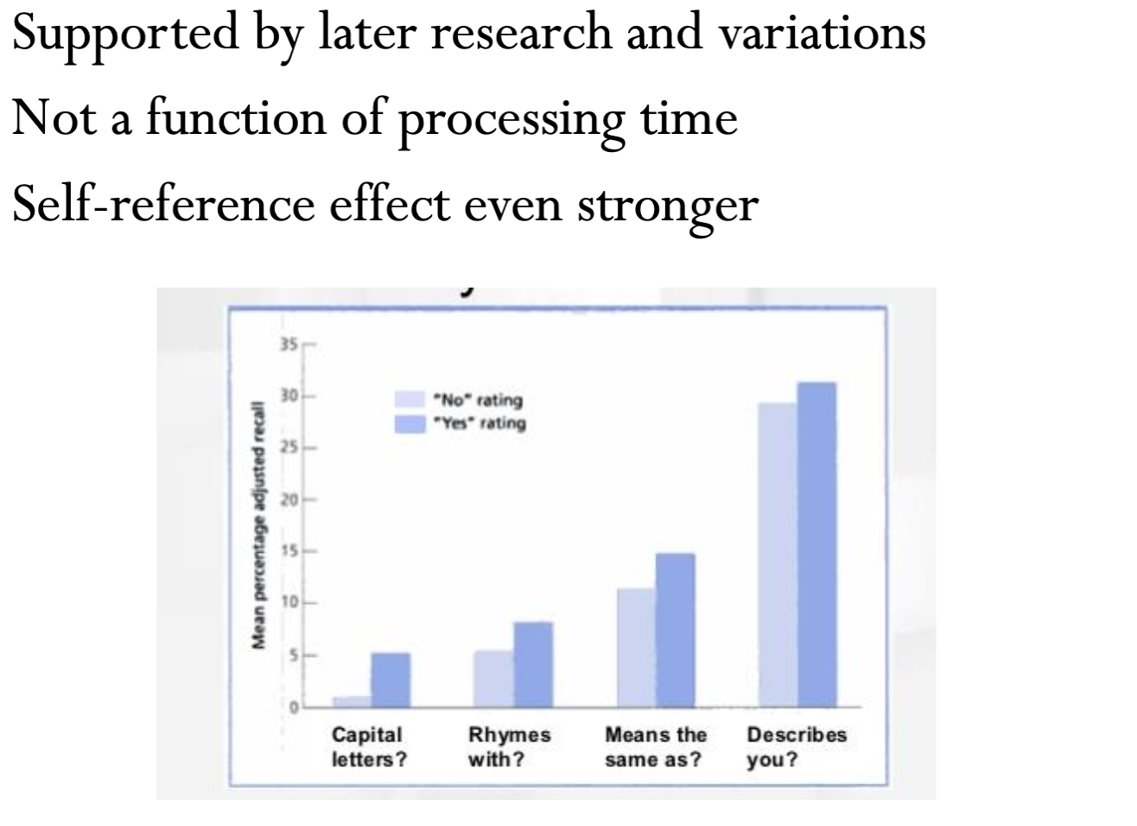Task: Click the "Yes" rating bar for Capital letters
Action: (391, 679)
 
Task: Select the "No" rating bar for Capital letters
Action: (353, 701)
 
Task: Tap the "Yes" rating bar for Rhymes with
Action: (533, 664)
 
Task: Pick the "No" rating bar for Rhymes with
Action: (493, 677)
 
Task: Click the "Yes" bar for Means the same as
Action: (675, 629)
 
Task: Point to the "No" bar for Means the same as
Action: (636, 646)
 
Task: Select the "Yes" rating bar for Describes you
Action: (816, 544)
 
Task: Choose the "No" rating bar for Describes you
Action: (777, 554)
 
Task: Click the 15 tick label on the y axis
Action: (288, 551)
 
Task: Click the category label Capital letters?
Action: (368, 747)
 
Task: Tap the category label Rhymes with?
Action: (509, 747)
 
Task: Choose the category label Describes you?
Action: (796, 747)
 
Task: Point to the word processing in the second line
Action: (510, 121)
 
